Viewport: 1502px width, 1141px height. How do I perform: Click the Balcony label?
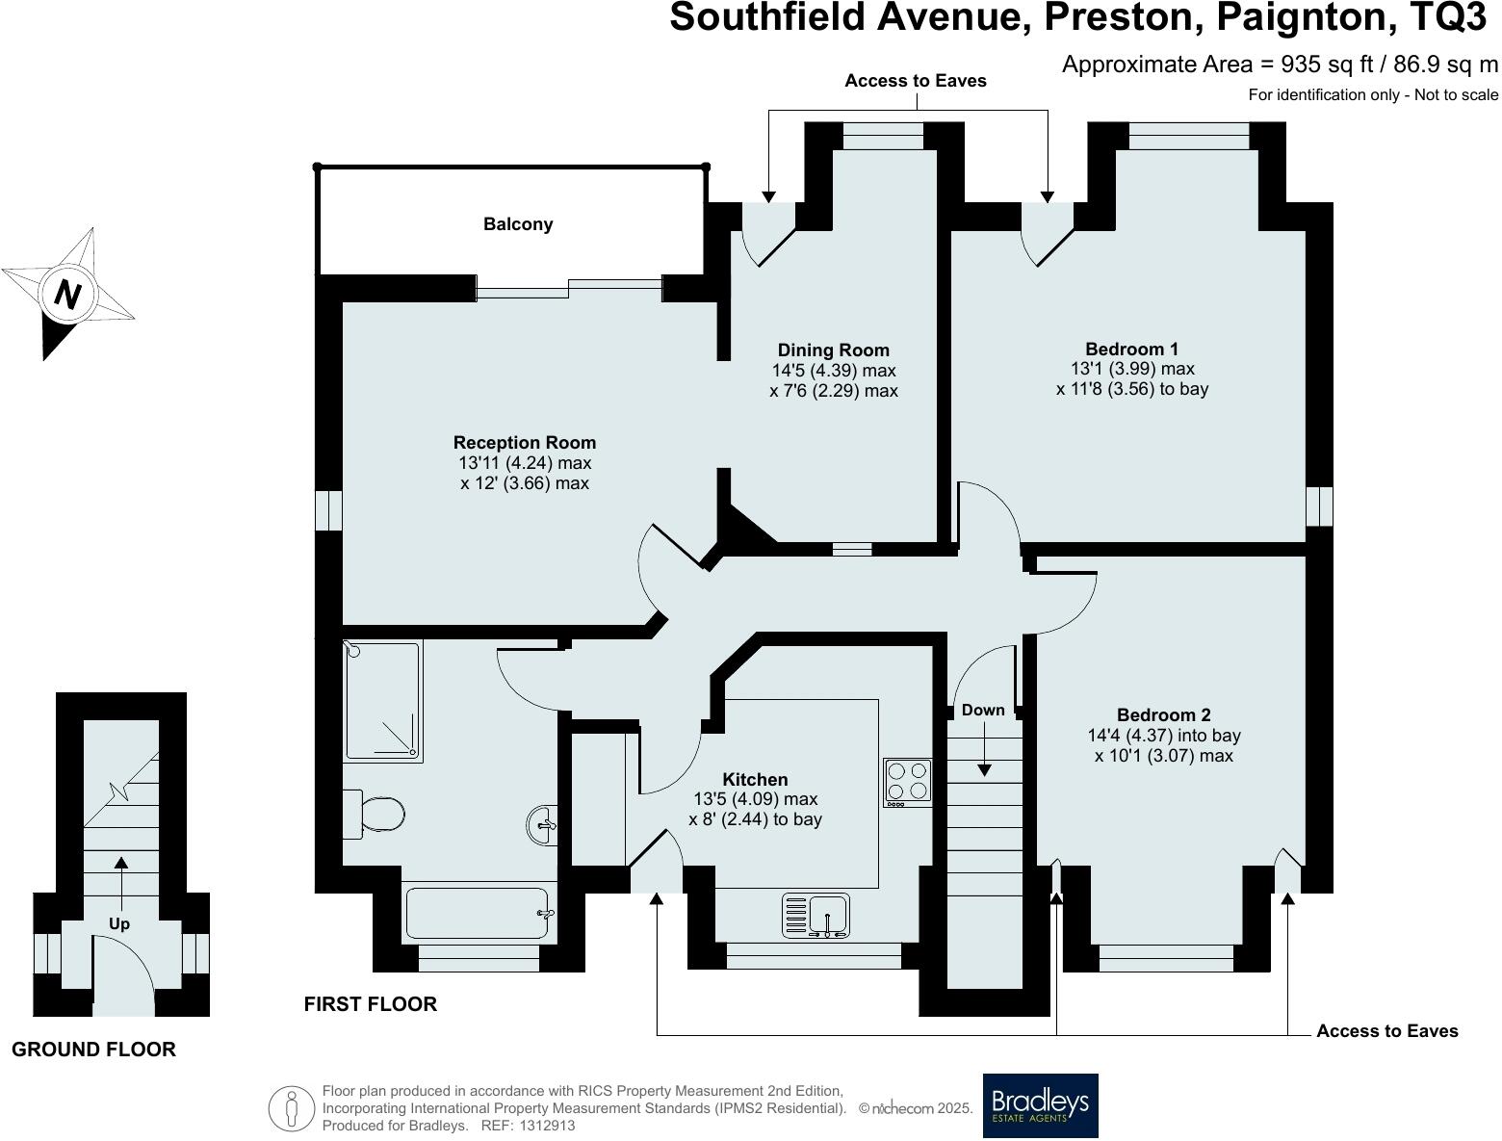click(518, 224)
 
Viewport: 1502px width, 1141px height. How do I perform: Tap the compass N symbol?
click(66, 293)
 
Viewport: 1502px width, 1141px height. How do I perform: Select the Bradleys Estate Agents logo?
click(1040, 1105)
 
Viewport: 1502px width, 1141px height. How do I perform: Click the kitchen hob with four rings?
click(907, 781)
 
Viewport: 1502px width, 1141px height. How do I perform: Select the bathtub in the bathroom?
click(477, 913)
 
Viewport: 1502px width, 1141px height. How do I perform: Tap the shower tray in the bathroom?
click(382, 700)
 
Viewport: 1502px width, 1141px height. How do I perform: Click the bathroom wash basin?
click(542, 825)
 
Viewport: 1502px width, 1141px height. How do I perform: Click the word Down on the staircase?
click(983, 711)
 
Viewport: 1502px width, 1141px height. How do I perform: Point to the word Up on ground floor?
click(119, 924)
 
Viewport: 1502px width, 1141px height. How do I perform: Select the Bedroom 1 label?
click(1131, 349)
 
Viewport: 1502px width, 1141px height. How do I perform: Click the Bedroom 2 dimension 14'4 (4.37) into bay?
click(1164, 736)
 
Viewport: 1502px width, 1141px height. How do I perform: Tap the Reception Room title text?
click(525, 443)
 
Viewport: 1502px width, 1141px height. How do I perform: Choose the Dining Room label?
click(834, 350)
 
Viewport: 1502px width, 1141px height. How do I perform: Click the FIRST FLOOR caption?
click(370, 1004)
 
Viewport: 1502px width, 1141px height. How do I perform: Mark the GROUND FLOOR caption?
click(93, 1050)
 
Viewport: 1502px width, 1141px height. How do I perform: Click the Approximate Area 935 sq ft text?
click(1280, 65)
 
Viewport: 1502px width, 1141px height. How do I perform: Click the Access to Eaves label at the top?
click(915, 81)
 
